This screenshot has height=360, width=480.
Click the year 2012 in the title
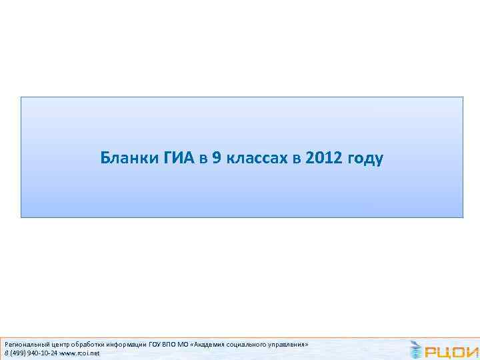(321, 159)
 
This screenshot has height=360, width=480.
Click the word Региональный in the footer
(25, 345)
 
